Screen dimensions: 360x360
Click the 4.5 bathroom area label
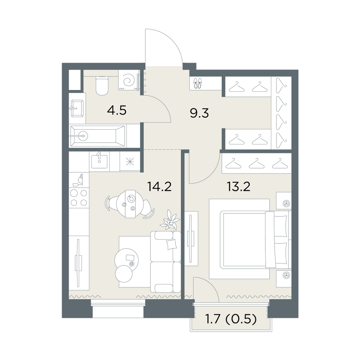click(117, 111)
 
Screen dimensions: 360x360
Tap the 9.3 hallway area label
click(199, 113)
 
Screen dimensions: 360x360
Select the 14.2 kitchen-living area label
click(159, 186)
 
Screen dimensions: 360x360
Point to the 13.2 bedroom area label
click(238, 186)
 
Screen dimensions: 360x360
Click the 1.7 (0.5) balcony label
click(230, 319)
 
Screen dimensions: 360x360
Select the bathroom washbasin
click(77, 108)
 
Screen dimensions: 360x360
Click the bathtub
click(98, 136)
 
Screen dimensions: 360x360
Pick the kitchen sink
click(99, 161)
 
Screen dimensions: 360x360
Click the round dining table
click(128, 203)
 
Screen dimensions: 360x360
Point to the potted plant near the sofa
click(170, 220)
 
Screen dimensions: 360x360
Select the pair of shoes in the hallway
click(198, 83)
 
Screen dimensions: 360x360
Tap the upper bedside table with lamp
click(284, 201)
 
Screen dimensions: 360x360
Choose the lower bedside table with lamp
click(284, 278)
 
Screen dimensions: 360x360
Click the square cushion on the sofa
click(172, 244)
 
